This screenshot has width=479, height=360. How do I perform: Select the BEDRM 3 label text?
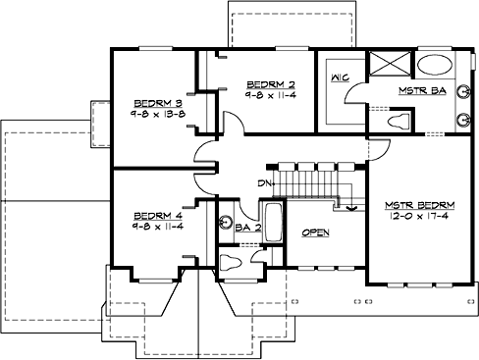tap(157, 101)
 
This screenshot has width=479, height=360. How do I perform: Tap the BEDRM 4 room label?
tap(157, 215)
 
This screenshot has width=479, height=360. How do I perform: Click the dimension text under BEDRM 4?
tap(157, 227)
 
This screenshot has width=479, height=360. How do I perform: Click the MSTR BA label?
tap(423, 91)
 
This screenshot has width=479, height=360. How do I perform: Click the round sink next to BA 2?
tap(224, 223)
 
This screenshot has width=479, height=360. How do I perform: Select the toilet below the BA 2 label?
tap(229, 262)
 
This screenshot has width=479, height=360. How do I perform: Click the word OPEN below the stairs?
tap(314, 233)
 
